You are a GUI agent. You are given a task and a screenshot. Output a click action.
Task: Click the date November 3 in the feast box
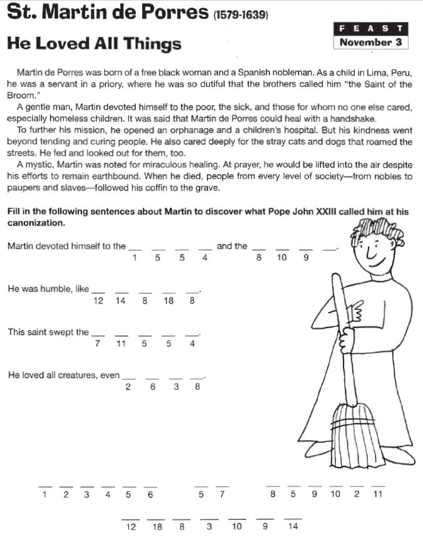[372, 43]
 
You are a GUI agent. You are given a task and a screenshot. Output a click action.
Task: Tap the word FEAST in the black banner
[372, 29]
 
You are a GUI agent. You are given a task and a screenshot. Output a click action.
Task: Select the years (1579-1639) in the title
[241, 14]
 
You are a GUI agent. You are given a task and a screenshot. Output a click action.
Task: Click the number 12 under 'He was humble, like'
[98, 301]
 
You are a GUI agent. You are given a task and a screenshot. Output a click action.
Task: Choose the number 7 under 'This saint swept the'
[98, 344]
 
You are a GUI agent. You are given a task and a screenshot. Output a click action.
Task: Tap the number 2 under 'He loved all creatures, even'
[128, 387]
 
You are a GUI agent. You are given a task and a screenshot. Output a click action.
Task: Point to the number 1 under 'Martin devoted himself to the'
[135, 258]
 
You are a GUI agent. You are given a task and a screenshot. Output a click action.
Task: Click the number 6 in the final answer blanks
[150, 495]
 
